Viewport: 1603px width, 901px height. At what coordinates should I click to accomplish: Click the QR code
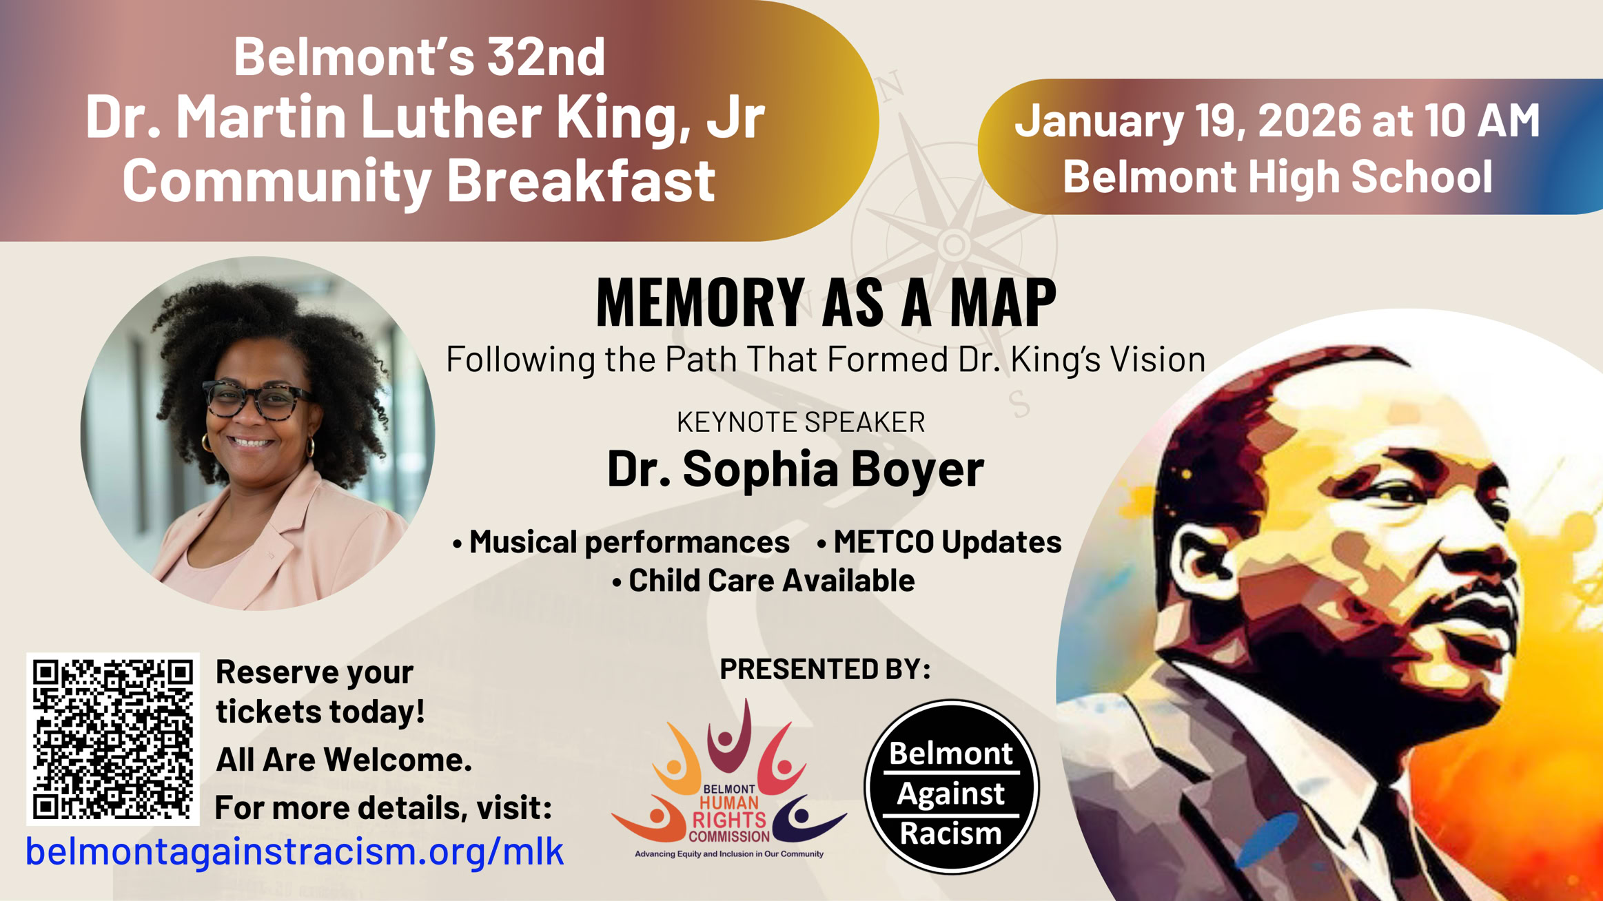[x=113, y=739]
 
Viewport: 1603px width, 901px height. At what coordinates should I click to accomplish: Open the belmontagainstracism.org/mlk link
[x=294, y=851]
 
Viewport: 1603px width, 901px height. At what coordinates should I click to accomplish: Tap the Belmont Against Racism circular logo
[x=952, y=787]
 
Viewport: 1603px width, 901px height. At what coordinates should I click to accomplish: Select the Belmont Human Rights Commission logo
[x=728, y=779]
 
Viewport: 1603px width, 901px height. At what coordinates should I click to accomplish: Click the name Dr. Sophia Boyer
[x=795, y=468]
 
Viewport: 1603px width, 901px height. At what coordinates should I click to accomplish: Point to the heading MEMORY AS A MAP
[x=826, y=302]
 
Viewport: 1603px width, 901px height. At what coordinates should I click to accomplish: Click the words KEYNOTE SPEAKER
[x=801, y=422]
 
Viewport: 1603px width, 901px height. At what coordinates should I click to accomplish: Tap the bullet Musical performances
[x=621, y=542]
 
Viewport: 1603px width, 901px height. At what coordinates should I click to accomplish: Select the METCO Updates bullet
[x=939, y=541]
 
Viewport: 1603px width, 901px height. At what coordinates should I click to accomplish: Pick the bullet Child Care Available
[x=763, y=580]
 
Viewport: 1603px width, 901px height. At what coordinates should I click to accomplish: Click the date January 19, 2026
[x=1188, y=121]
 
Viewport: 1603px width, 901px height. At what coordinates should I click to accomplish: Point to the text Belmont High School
[x=1278, y=176]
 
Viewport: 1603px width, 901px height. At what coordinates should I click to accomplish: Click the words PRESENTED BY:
[x=825, y=669]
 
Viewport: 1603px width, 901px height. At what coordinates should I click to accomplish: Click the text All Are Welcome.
[x=344, y=759]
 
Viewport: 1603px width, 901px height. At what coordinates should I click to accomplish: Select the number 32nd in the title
[x=547, y=56]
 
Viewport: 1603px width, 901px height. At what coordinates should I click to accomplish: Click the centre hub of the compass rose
[x=954, y=244]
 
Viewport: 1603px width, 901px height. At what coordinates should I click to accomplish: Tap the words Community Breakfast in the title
[x=419, y=180]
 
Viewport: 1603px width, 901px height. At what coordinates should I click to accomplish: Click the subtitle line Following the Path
[x=826, y=360]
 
